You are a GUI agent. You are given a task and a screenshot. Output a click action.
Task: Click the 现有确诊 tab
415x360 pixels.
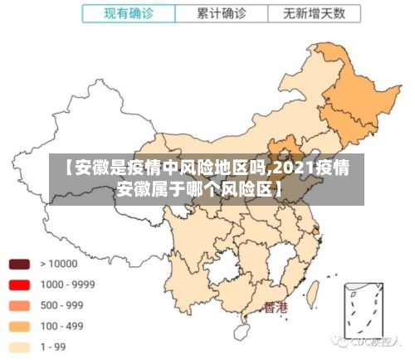tap(129, 13)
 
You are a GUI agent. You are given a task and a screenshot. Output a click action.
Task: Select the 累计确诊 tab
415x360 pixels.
tap(222, 13)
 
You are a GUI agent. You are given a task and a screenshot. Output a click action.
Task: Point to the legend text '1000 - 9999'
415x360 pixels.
tap(67, 285)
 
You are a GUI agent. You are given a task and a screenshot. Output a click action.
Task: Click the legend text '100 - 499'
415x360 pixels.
tap(61, 326)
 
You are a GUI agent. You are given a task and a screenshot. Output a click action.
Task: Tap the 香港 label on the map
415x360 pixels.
tap(276, 308)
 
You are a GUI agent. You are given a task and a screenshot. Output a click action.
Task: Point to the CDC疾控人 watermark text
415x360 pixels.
tap(373, 341)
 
